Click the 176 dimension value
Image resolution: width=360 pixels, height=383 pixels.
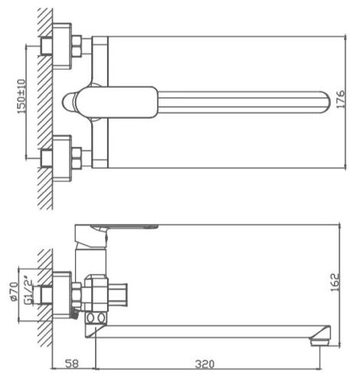click(341, 99)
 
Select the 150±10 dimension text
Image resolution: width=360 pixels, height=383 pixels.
click(22, 97)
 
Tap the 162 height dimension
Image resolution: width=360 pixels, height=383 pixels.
click(335, 282)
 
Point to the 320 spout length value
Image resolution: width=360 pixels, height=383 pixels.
click(205, 364)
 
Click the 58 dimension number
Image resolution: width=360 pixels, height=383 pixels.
click(72, 364)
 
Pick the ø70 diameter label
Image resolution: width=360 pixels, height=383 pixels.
click(15, 291)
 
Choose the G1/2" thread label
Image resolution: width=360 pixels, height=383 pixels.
click(29, 290)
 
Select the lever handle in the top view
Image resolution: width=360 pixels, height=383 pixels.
click(117, 102)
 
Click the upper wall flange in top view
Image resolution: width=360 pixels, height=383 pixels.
click(62, 46)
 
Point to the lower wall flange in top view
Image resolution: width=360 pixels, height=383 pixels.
click(62, 159)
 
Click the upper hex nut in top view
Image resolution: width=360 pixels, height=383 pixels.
click(77, 46)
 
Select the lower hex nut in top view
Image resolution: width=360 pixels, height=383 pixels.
click(77, 159)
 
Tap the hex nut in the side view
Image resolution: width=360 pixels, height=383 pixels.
click(77, 296)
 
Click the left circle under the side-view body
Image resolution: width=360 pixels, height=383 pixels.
click(90, 318)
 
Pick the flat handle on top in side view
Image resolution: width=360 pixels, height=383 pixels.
click(124, 227)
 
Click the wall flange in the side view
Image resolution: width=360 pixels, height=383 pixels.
click(62, 295)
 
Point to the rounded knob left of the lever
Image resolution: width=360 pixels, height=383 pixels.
click(69, 102)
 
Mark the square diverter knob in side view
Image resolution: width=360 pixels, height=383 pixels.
click(118, 296)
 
